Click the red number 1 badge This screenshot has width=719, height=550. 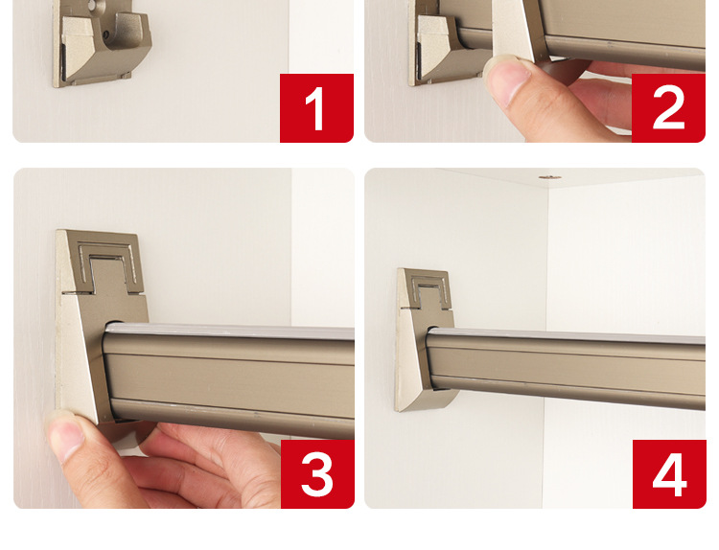(317, 107)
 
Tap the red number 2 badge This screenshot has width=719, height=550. (668, 107)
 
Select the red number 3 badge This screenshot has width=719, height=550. (317, 474)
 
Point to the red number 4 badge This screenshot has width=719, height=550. (669, 474)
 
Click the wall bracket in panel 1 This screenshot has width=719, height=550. (101, 43)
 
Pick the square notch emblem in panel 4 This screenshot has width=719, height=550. (430, 292)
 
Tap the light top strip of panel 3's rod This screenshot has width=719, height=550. (230, 331)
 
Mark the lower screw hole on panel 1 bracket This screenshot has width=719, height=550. (106, 34)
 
